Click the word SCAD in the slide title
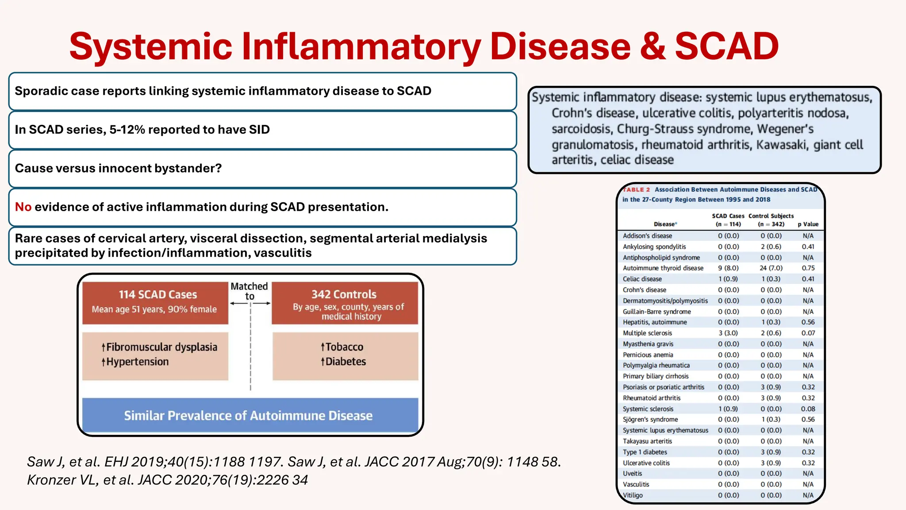tap(726, 46)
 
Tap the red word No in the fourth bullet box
tap(23, 207)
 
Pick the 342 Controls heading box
tap(345, 303)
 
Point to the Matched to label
tap(250, 291)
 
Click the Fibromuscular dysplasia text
tap(162, 347)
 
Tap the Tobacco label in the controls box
tap(344, 347)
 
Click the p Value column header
tap(808, 224)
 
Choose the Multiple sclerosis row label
tap(647, 333)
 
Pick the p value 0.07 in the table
tap(808, 333)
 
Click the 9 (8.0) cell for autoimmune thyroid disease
tap(728, 268)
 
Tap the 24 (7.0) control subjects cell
tap(771, 268)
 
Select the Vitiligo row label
tap(633, 495)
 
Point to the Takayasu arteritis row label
tap(647, 441)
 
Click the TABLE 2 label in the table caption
tap(636, 189)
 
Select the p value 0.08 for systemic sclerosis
tap(808, 409)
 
